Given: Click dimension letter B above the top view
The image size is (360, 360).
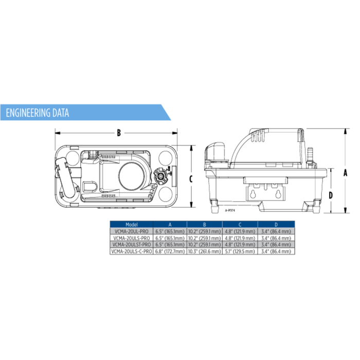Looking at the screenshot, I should coord(118,133).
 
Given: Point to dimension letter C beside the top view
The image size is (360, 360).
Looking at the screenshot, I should coord(191,178).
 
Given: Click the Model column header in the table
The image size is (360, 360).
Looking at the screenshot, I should coord(132,225).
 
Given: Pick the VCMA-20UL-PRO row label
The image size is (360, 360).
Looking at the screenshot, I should coord(132,232).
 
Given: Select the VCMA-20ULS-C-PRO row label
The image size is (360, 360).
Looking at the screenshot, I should coord(132,251).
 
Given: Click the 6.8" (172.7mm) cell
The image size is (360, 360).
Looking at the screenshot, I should coord(170,251).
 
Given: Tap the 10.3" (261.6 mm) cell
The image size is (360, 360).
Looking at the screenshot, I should coord(204,251).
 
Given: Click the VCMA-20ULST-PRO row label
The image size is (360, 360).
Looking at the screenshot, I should coord(132,245).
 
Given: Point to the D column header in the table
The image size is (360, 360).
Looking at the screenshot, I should coord(276,225).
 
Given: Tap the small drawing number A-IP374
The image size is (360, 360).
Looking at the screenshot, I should coord(229,210).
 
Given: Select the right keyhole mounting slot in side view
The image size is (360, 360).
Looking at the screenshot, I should coord(278,195).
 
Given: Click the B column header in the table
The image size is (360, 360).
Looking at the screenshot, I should coord(204,225).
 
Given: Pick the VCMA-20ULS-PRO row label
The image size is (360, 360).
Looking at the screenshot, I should coord(132,239).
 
